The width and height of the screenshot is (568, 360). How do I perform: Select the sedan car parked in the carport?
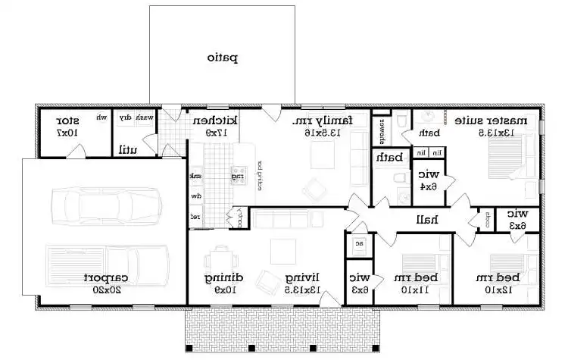[x=105, y=205]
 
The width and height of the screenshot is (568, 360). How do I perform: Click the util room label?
[x=127, y=149]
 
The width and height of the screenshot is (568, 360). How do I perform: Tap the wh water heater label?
[x=101, y=117]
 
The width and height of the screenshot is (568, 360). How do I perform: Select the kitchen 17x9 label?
[x=215, y=126]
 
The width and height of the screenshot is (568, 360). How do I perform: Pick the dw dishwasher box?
[x=195, y=196]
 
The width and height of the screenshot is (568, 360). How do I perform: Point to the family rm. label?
[x=323, y=126]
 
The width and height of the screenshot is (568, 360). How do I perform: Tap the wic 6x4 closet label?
[x=428, y=179]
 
